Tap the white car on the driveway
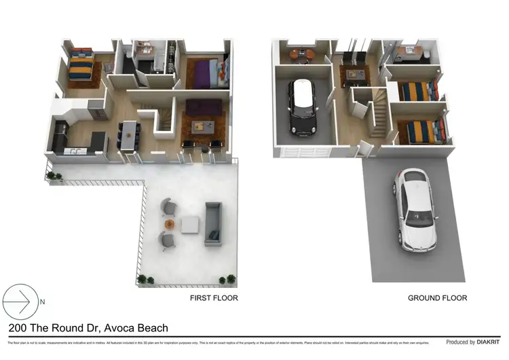click(414, 210)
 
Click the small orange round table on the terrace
click(169, 223)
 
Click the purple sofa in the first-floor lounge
click(203, 107)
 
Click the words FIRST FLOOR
click(213, 298)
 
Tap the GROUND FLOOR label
click(437, 298)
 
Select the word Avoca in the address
click(117, 328)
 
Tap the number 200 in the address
click(19, 328)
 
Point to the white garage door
click(303, 152)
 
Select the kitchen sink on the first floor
click(76, 149)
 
